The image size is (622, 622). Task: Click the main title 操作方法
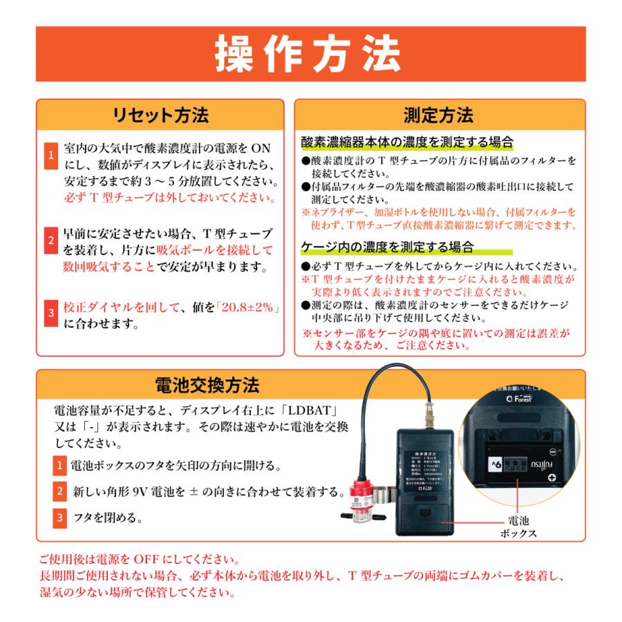click(310, 54)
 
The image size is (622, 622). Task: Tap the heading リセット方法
click(160, 114)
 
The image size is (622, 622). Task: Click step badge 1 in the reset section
click(50, 156)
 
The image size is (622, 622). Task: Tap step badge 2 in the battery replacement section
click(60, 492)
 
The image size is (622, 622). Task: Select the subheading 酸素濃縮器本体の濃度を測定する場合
click(408, 143)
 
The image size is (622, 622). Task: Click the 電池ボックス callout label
click(519, 527)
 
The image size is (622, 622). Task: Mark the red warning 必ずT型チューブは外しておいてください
click(165, 198)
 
